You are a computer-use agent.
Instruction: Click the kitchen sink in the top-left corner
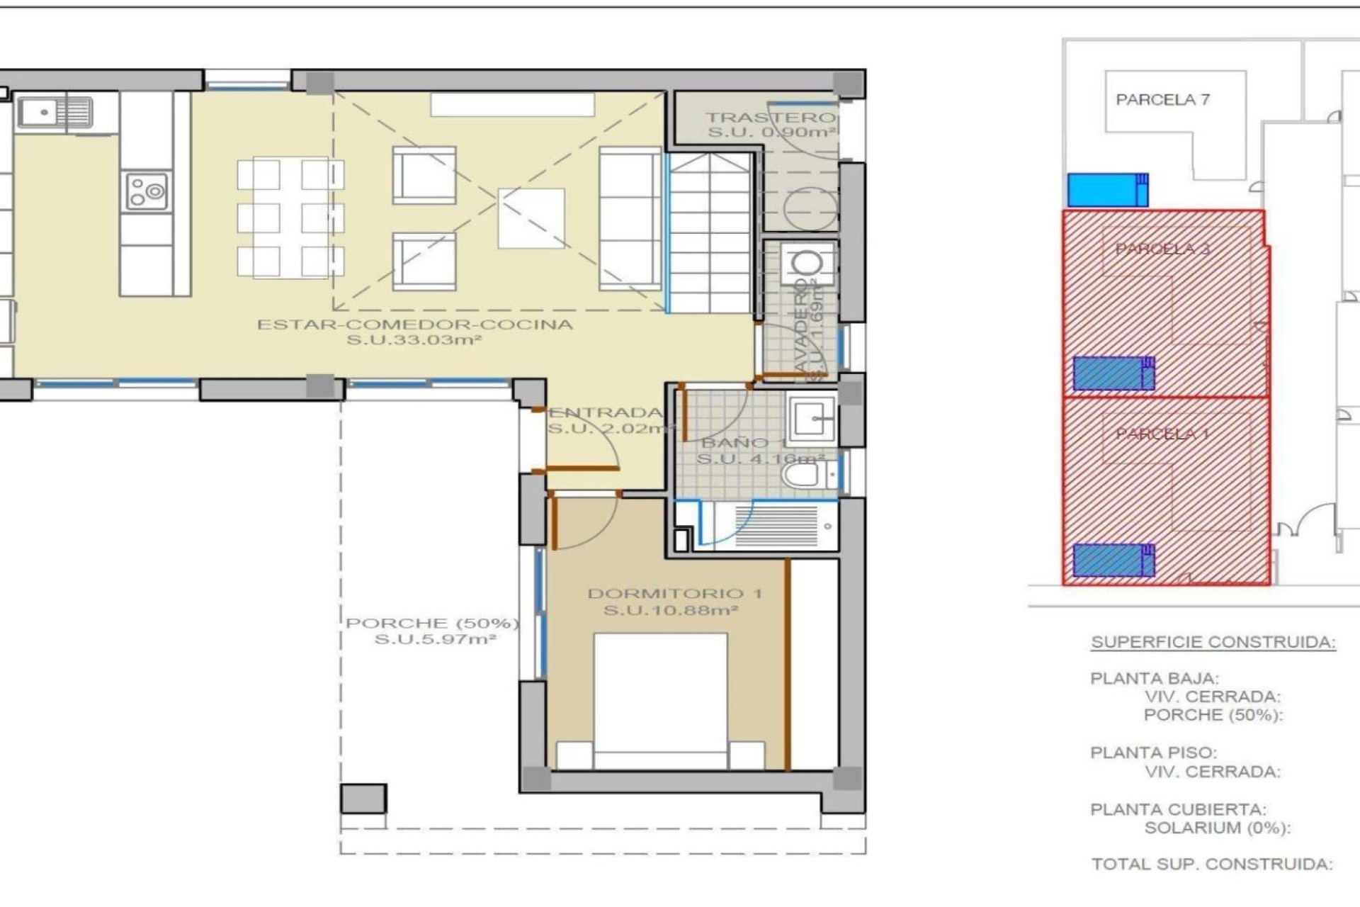tap(55, 112)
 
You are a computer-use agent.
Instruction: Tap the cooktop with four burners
tap(147, 191)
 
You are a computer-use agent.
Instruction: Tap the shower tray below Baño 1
tap(776, 526)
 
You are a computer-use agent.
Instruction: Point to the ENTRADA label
tap(606, 413)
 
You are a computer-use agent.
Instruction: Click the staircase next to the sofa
tap(710, 234)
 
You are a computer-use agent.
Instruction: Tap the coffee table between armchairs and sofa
tap(531, 218)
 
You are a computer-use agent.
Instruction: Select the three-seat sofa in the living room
tap(629, 219)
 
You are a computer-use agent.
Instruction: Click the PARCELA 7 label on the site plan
tap(1162, 100)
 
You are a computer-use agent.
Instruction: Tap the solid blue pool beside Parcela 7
tap(1107, 190)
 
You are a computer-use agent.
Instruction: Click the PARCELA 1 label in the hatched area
tap(1162, 434)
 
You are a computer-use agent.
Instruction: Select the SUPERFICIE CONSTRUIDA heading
tap(1213, 642)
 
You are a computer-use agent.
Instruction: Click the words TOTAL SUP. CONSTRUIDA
tap(1211, 864)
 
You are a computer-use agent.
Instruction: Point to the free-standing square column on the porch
tap(363, 799)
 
